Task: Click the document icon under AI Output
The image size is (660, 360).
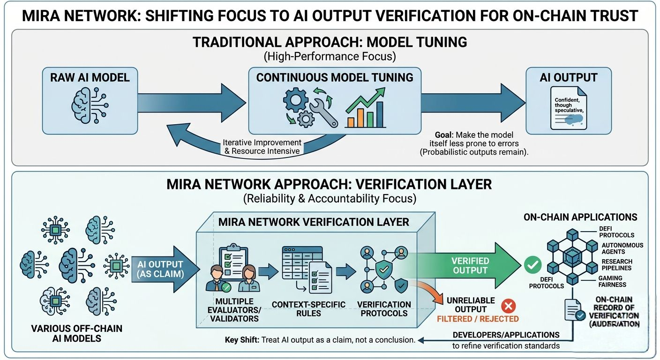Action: (x=568, y=108)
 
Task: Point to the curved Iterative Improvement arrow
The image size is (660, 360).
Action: (x=211, y=141)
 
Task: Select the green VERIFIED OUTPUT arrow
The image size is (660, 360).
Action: (x=469, y=266)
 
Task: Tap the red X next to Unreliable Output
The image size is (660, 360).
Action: (x=508, y=307)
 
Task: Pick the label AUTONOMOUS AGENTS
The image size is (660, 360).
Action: (x=622, y=248)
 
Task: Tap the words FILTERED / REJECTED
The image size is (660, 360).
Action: (x=478, y=319)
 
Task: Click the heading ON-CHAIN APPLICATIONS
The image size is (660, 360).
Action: (x=580, y=217)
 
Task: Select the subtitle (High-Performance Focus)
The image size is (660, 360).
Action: (x=330, y=57)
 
